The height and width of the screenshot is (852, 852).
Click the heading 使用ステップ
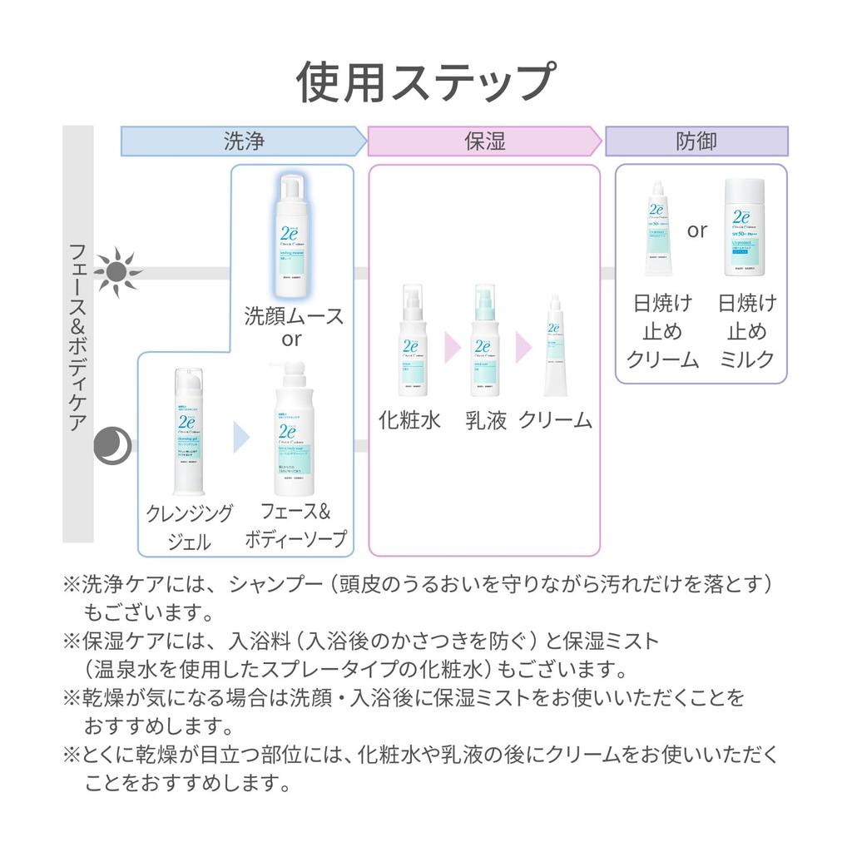coord(425,82)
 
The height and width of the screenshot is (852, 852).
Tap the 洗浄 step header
coord(244,141)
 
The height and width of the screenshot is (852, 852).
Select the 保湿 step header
coord(484,141)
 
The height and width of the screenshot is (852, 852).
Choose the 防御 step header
coord(696,141)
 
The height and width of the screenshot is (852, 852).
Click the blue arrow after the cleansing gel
coord(241,437)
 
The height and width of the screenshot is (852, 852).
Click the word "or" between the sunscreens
coord(697,230)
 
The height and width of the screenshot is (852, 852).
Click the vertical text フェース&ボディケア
coord(78,336)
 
